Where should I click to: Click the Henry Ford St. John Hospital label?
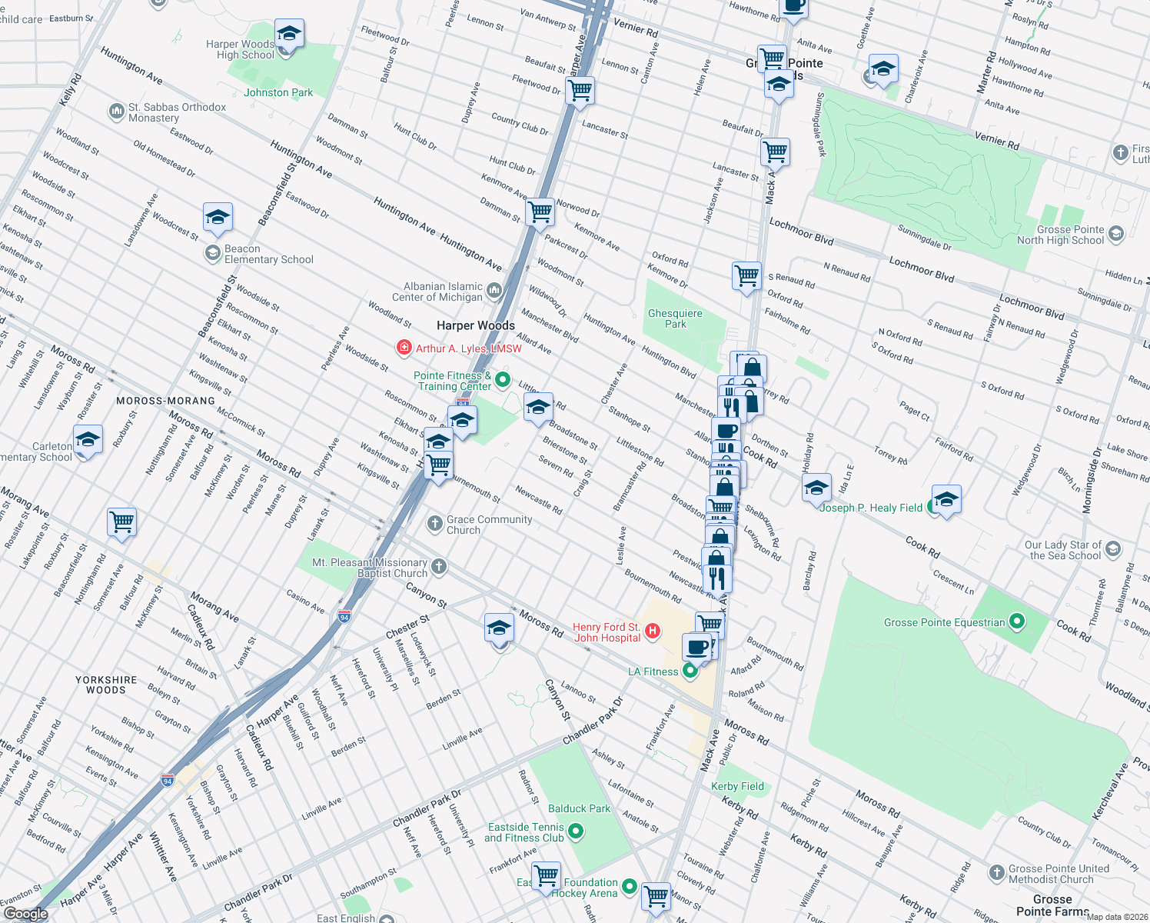(x=607, y=632)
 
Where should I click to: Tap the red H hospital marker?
(x=653, y=631)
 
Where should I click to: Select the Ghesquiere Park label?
(x=675, y=318)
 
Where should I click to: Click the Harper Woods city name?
(x=476, y=325)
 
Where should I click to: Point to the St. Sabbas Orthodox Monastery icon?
(x=116, y=112)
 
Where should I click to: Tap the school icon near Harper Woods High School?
(x=289, y=35)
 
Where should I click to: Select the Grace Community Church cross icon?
(x=435, y=524)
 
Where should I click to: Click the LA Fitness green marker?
(x=690, y=671)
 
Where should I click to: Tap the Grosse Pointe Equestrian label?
(x=944, y=622)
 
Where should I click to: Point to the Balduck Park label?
(x=579, y=808)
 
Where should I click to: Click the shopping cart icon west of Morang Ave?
(x=122, y=522)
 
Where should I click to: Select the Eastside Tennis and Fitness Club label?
(x=526, y=832)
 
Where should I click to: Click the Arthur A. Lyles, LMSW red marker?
(x=404, y=348)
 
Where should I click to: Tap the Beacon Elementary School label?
(x=268, y=255)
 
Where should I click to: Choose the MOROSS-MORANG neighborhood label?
(x=165, y=401)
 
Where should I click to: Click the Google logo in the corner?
(x=25, y=914)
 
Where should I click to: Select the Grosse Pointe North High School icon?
(x=1116, y=233)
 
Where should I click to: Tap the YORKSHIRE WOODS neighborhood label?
(x=106, y=685)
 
